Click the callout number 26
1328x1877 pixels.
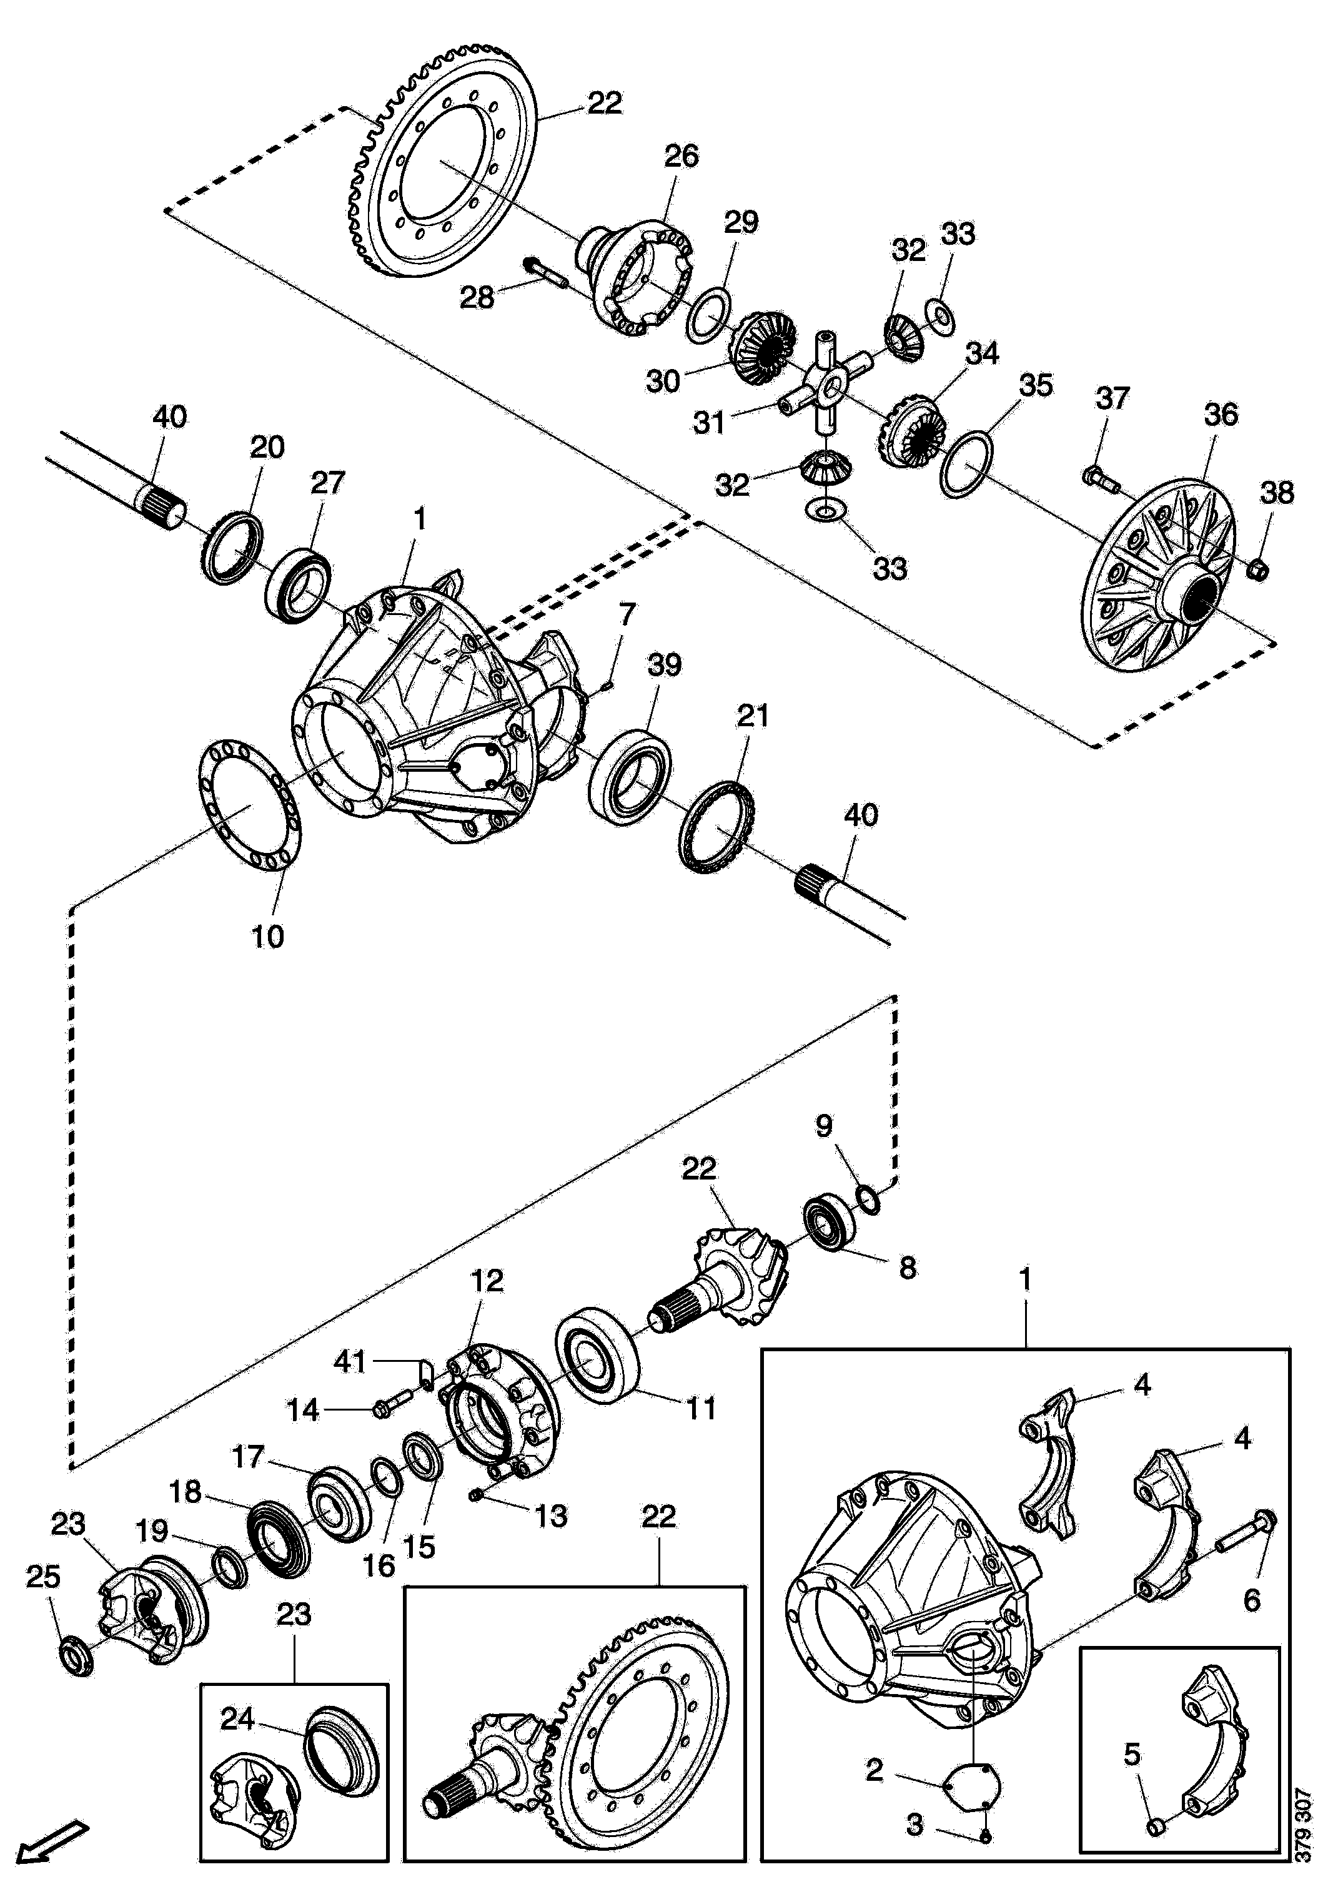[x=681, y=156]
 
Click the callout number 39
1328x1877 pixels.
[x=664, y=664]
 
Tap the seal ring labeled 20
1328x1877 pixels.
[x=232, y=548]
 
